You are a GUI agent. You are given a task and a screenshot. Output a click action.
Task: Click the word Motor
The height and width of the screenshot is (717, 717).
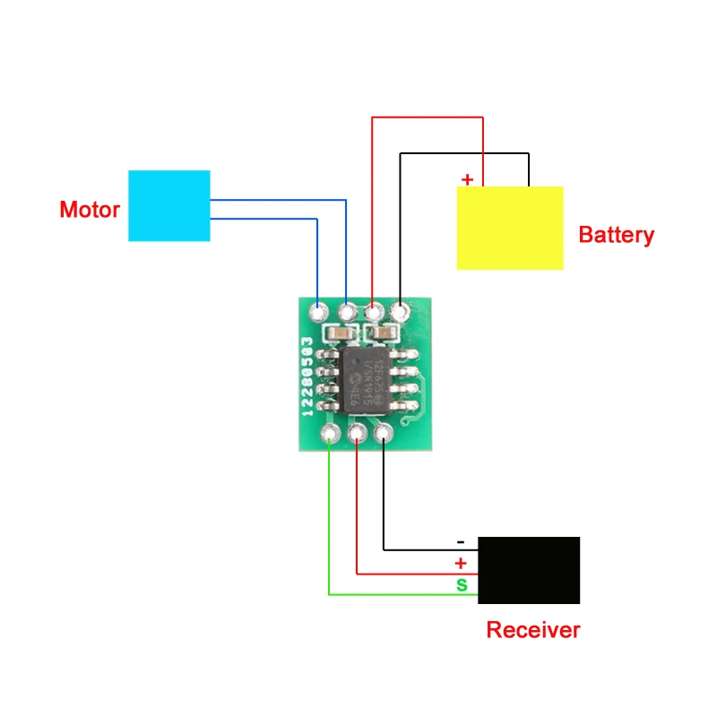89,211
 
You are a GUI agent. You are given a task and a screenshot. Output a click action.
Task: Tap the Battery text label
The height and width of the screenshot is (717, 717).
617,236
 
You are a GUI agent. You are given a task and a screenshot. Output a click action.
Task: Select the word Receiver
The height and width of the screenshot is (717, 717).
532,630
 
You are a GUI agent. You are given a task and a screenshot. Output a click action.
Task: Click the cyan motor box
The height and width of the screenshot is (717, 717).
169,205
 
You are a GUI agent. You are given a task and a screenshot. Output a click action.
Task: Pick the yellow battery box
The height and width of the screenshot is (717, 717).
510,228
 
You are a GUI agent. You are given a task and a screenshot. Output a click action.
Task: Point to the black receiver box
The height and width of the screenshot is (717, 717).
529,570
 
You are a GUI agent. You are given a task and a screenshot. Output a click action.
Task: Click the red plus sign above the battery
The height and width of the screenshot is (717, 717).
467,179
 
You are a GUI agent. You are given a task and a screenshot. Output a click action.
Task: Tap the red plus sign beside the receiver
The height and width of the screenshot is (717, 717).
461,564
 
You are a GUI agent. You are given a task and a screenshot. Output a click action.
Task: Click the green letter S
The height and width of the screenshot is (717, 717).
462,585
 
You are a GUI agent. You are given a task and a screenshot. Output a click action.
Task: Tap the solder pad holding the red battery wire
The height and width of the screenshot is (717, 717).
373,313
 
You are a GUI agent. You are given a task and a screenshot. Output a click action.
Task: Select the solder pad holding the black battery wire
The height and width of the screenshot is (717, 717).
401,312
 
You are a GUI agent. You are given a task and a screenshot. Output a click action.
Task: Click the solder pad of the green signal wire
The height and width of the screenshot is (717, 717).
330,436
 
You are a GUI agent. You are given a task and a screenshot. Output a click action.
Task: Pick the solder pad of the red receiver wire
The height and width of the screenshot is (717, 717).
357,436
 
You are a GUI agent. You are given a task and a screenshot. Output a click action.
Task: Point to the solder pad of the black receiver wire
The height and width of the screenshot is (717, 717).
384,436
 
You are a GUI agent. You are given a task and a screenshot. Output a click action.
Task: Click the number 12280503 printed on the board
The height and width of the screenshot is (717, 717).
308,376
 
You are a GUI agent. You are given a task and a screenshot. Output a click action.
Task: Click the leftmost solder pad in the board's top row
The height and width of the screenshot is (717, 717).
318,313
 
